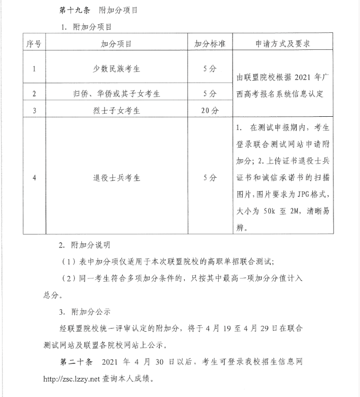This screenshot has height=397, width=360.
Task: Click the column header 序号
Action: pos(34,44)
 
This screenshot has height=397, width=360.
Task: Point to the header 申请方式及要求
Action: pos(283,44)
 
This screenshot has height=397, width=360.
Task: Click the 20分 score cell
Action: pos(209,110)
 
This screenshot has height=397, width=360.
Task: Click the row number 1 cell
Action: pos(34,69)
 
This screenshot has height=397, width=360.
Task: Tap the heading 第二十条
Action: pos(75,362)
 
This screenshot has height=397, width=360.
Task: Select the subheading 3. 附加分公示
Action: pos(84,312)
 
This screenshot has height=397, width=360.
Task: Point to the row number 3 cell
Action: pos(34,110)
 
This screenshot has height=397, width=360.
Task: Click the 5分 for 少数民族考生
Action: pos(209,69)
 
